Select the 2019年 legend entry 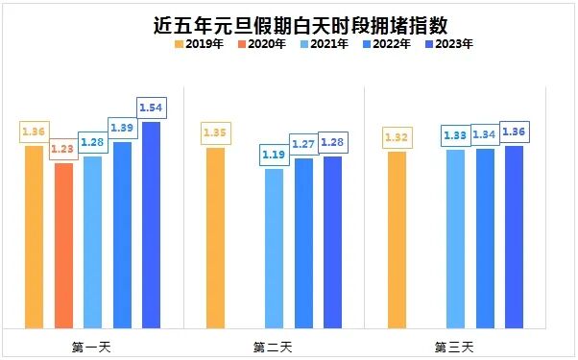[x=198, y=44]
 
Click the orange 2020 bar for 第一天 [x=63, y=245]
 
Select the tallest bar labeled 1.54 [x=151, y=225]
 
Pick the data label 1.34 [x=485, y=134]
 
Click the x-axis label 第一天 [x=92, y=345]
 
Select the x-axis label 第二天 [x=274, y=345]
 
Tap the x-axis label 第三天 [x=454, y=345]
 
